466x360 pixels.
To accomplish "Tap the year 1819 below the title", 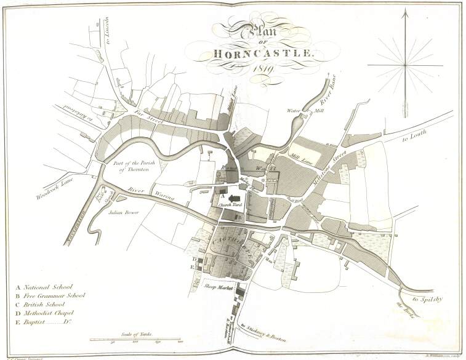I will (x=262, y=69).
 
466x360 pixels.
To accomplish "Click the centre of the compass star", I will (x=405, y=64).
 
